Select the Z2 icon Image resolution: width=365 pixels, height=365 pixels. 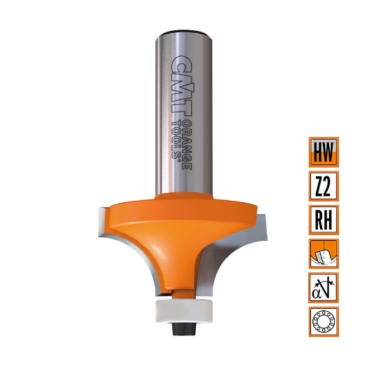click(x=324, y=186)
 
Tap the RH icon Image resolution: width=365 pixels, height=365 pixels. click(x=324, y=220)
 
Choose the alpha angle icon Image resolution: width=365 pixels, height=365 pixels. click(x=324, y=288)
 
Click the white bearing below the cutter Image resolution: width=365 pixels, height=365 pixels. click(x=183, y=309)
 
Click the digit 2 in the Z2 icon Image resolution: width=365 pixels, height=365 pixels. click(x=329, y=186)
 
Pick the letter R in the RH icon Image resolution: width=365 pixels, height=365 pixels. click(x=318, y=220)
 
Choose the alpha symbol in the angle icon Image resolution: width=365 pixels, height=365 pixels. click(x=318, y=290)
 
